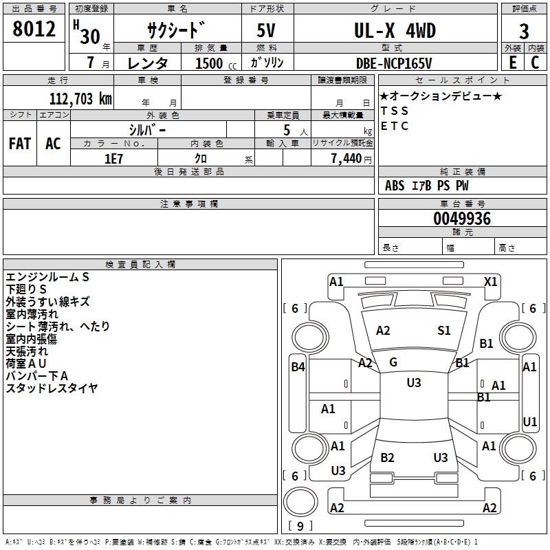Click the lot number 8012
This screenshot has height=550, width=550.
[34, 29]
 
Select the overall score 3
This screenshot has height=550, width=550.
[524, 32]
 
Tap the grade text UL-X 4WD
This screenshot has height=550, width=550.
[395, 31]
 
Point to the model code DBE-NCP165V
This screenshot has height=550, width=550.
[394, 63]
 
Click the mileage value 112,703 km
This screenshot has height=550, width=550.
[80, 99]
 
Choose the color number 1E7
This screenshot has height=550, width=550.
[113, 159]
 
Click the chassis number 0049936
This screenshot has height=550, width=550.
[462, 219]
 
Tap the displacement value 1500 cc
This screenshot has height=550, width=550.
[216, 63]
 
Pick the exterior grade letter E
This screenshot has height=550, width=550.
[513, 63]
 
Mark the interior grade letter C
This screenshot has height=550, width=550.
[535, 63]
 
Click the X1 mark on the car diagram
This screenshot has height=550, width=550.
[490, 282]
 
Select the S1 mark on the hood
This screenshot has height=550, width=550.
[443, 331]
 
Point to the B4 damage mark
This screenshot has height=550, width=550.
[298, 367]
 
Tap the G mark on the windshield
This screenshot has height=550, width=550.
[393, 362]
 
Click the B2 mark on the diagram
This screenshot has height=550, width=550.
[387, 458]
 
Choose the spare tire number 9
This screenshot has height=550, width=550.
[300, 526]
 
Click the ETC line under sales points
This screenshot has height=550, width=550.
[395, 126]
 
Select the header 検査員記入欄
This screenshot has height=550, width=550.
[140, 265]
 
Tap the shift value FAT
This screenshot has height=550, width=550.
[20, 144]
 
